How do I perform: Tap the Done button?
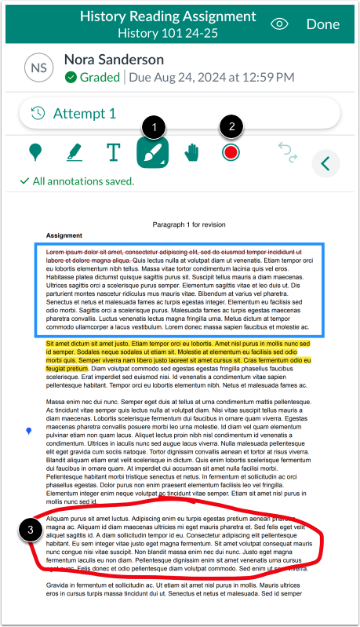coord(322,24)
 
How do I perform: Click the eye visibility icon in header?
coord(280,24)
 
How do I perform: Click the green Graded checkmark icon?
coord(71,78)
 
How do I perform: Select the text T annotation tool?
coord(114,151)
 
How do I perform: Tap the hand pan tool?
coord(191,151)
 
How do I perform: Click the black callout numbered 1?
coord(156,126)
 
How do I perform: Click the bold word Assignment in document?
coord(64,235)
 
